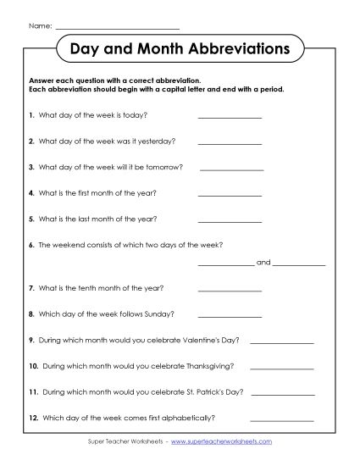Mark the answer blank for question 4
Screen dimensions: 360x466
coord(230,196)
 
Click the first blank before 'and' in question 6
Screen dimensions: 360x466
coord(224,264)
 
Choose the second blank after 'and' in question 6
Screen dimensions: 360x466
coord(298,264)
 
